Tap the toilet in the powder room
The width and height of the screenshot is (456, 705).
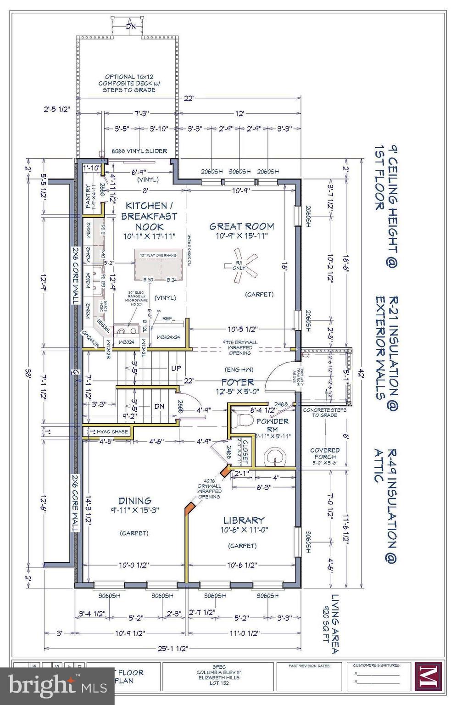coord(245,420)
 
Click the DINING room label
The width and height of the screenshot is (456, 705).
coord(135,501)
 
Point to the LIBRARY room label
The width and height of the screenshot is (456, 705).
coord(244,520)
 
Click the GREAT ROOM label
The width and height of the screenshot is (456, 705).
coord(242,226)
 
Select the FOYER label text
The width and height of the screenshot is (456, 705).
coord(237,382)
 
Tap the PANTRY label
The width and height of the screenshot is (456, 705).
coord(88,196)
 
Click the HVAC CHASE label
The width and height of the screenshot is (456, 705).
coord(112,431)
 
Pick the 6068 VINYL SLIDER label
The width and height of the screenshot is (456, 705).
coord(139,151)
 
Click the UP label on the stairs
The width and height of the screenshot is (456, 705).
coord(176,368)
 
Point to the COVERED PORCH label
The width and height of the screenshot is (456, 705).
coord(325,453)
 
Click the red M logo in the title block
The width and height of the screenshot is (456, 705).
coord(428,676)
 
